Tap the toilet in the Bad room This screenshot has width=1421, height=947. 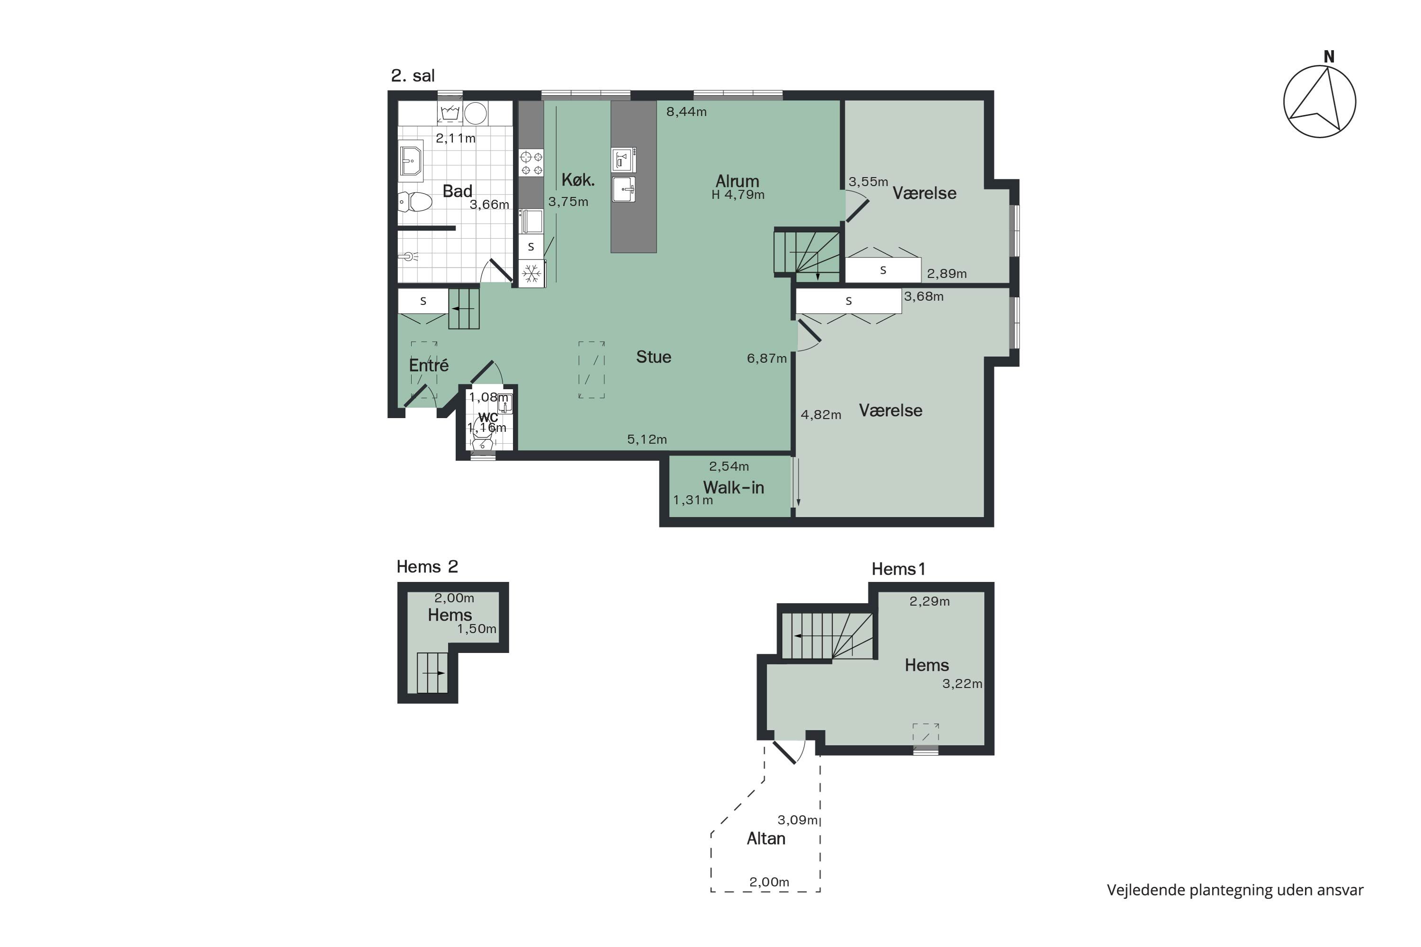click(415, 202)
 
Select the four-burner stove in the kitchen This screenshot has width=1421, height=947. click(531, 163)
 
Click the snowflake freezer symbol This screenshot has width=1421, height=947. click(531, 275)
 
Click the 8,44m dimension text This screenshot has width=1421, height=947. click(686, 112)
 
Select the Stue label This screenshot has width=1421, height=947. click(654, 357)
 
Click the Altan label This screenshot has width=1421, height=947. click(766, 839)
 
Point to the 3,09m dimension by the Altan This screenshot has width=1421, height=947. click(798, 820)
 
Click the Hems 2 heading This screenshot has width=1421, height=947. click(427, 566)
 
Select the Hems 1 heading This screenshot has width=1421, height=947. click(899, 569)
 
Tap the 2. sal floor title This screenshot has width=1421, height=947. click(413, 75)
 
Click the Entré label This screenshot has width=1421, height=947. click(429, 366)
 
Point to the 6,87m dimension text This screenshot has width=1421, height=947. click(767, 359)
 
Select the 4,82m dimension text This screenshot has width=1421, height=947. click(821, 415)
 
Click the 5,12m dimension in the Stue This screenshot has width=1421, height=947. click(647, 440)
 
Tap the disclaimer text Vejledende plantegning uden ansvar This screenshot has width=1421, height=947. click(1235, 890)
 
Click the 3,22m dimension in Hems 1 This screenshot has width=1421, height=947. click(962, 684)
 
